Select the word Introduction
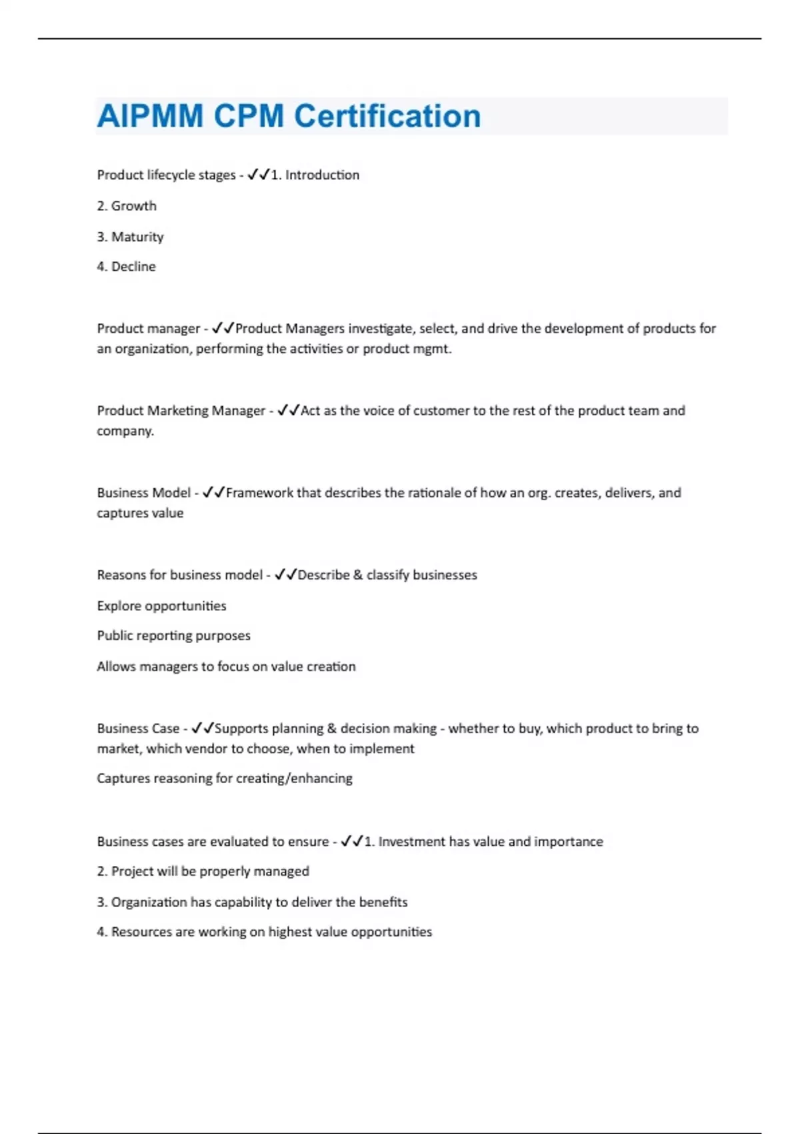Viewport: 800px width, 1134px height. pos(322,175)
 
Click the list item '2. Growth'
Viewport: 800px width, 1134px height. pos(127,206)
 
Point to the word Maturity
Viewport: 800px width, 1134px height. pos(137,237)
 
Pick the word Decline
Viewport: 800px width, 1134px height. pos(133,267)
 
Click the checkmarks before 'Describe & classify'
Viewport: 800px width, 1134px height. pos(285,575)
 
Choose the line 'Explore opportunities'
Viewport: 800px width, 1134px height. pos(161,606)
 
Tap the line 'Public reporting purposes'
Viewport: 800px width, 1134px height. pos(173,636)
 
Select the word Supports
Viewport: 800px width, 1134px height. pos(241,728)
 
